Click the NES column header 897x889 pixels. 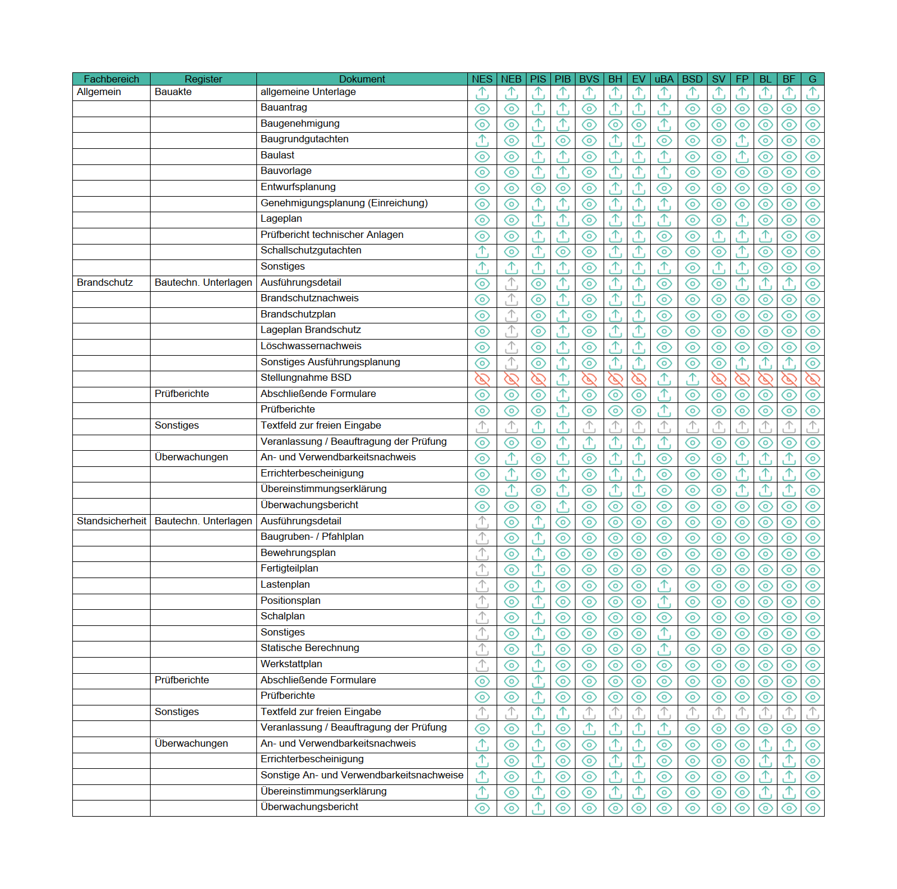[482, 79]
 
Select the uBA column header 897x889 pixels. [663, 79]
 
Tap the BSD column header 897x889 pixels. [692, 79]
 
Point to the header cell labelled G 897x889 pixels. [812, 79]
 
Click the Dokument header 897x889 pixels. [362, 79]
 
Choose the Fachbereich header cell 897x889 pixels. [111, 79]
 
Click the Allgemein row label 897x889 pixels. [99, 92]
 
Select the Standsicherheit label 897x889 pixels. [111, 521]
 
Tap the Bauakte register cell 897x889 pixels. [173, 92]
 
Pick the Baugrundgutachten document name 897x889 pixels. [304, 139]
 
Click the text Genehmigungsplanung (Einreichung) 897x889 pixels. [344, 203]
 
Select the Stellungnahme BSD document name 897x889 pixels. [305, 378]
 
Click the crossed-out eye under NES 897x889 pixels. [482, 379]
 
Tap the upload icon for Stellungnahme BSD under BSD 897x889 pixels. [692, 379]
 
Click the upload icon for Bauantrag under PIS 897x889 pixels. [538, 109]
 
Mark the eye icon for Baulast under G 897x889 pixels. [812, 157]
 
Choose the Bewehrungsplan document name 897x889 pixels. [298, 553]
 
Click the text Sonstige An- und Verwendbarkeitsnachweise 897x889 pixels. [362, 775]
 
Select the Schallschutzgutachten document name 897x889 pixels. [311, 250]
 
